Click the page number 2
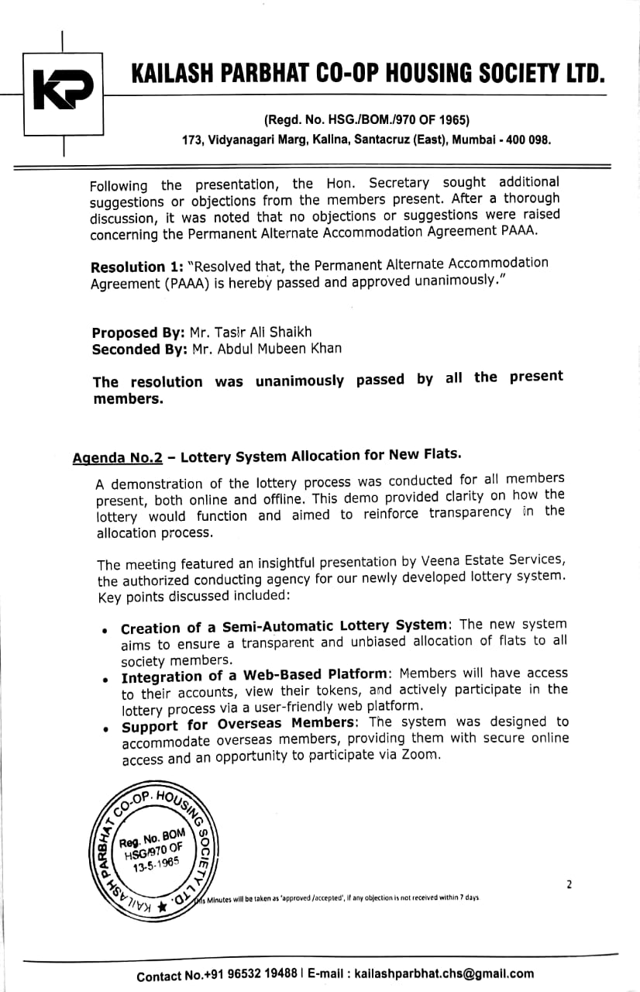point(569,883)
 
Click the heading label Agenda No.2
point(118,457)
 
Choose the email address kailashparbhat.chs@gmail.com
point(442,974)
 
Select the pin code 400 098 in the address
point(528,140)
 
